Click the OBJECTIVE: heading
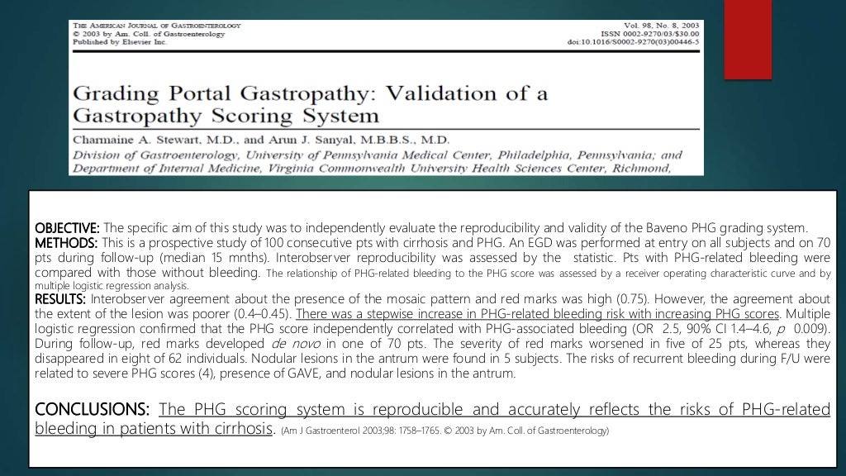point(67,228)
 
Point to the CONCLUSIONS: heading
point(92,410)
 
